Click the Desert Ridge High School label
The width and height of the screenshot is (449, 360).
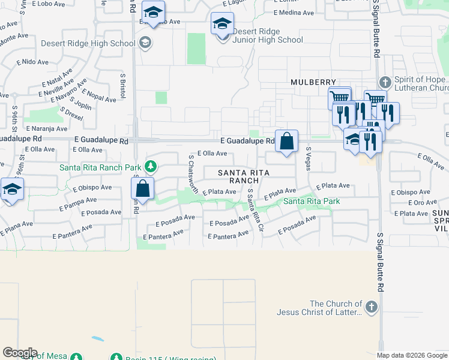pyautogui.click(x=88, y=43)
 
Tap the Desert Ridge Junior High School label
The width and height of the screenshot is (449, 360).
pyautogui.click(x=267, y=35)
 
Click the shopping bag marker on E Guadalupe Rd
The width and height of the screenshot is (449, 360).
pyautogui.click(x=287, y=142)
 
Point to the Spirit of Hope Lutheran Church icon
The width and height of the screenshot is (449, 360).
pyautogui.click(x=385, y=82)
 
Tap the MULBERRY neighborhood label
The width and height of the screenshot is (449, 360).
pyautogui.click(x=313, y=82)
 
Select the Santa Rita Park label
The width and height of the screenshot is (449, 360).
pyautogui.click(x=312, y=201)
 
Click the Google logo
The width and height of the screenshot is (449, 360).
pyautogui.click(x=19, y=353)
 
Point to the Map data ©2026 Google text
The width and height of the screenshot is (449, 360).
pyautogui.click(x=412, y=355)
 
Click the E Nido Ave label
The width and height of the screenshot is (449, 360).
pyautogui.click(x=33, y=61)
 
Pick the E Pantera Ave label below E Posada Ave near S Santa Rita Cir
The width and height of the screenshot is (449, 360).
pyautogui.click(x=228, y=237)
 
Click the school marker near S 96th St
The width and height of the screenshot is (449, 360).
pyautogui.click(x=12, y=190)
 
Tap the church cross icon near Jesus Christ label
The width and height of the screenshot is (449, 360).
pyautogui.click(x=372, y=308)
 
